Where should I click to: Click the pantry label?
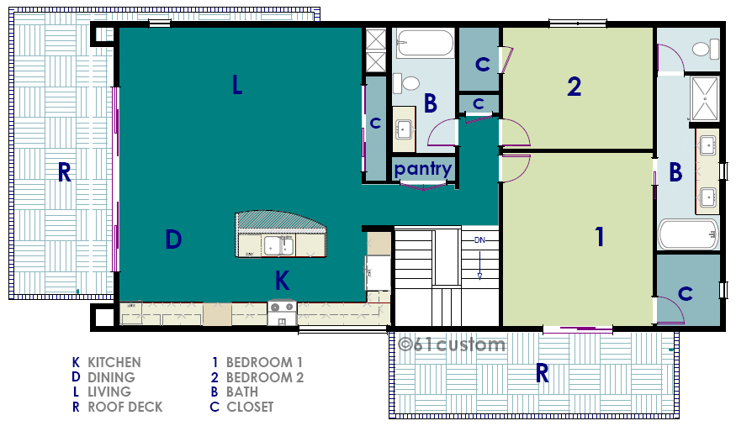tap(423, 169)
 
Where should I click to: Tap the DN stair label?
tap(479, 240)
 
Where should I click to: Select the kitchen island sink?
tap(278, 246)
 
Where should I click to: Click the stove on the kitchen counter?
tap(282, 313)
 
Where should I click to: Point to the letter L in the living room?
tap(237, 85)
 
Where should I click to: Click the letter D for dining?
tap(173, 239)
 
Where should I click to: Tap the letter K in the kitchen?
tap(282, 281)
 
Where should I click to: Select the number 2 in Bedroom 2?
tap(574, 87)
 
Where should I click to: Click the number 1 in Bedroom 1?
tap(600, 237)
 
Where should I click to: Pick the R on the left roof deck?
tap(64, 172)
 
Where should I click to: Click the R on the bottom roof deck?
tap(543, 374)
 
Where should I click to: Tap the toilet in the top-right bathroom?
tap(706, 49)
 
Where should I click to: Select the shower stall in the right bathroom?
tap(705, 99)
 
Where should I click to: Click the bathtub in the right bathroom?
tap(689, 234)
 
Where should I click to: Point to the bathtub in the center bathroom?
tap(425, 43)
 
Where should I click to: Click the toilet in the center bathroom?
tap(406, 83)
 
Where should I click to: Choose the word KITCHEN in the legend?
tap(114, 362)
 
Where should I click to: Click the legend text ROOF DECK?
tap(124, 407)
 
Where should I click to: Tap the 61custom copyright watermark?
tap(452, 344)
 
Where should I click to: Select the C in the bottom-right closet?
tap(686, 294)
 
